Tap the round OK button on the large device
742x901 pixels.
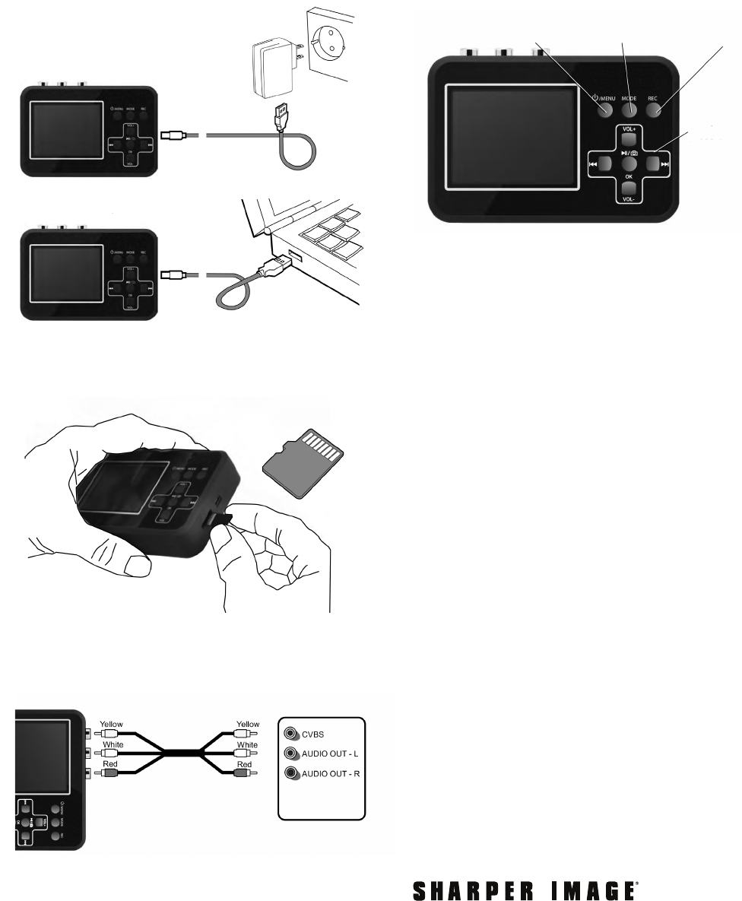[x=628, y=163]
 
